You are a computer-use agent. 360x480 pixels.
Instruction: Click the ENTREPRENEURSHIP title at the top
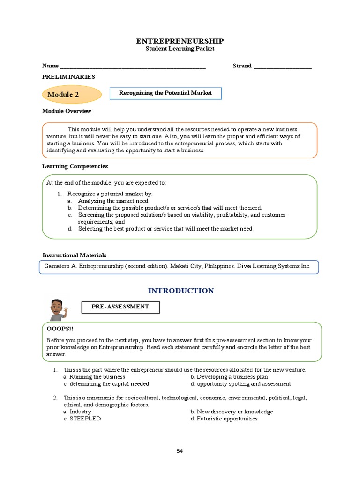tap(180, 41)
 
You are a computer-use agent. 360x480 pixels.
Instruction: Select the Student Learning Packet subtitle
tap(180, 49)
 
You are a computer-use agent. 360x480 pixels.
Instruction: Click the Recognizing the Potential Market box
tap(165, 93)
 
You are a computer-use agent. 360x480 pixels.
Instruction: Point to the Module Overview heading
tap(67, 111)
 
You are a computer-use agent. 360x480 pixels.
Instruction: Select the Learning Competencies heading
tap(75, 166)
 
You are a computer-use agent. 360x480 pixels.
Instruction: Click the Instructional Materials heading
tap(75, 255)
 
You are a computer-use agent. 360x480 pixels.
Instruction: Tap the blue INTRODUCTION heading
tap(181, 291)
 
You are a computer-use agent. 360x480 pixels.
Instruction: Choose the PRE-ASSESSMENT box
tap(120, 307)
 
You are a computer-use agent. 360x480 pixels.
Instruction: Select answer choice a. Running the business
tap(94, 377)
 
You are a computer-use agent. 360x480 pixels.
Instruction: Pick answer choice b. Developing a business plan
tap(229, 377)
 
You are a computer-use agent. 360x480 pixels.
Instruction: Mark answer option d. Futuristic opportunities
tap(224, 419)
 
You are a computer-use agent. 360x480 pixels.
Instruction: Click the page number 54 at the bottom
tap(180, 451)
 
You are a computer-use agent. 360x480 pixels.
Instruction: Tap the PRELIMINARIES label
tap(68, 77)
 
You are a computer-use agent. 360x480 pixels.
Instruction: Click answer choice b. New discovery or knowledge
tap(232, 412)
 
